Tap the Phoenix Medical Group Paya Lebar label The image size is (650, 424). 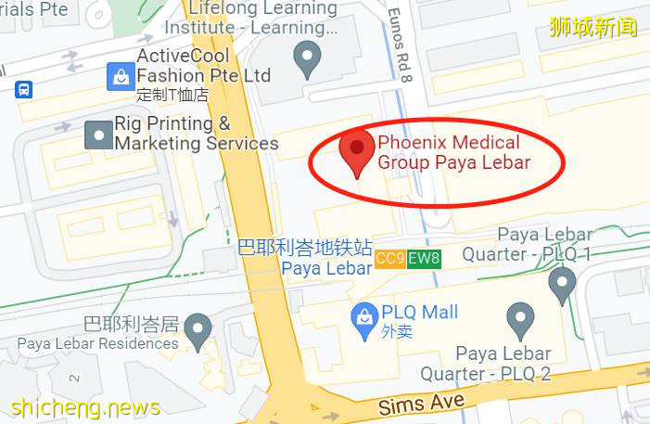pos(453,153)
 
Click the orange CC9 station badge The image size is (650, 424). pos(389,259)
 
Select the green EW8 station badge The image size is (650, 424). pos(423,259)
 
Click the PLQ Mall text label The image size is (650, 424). pos(420,313)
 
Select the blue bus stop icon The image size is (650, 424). pos(23,89)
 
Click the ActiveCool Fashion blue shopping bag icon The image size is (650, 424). pos(121,76)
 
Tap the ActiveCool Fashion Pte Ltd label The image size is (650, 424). pos(204,66)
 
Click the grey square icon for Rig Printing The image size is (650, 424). pos(97,135)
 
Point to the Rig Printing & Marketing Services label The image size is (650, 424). pos(196,134)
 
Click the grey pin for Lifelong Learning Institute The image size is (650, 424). pos(307,59)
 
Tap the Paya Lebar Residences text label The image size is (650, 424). pos(97,343)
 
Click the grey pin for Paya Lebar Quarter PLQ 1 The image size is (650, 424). pos(562,284)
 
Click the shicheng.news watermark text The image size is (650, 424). pos(85,407)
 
